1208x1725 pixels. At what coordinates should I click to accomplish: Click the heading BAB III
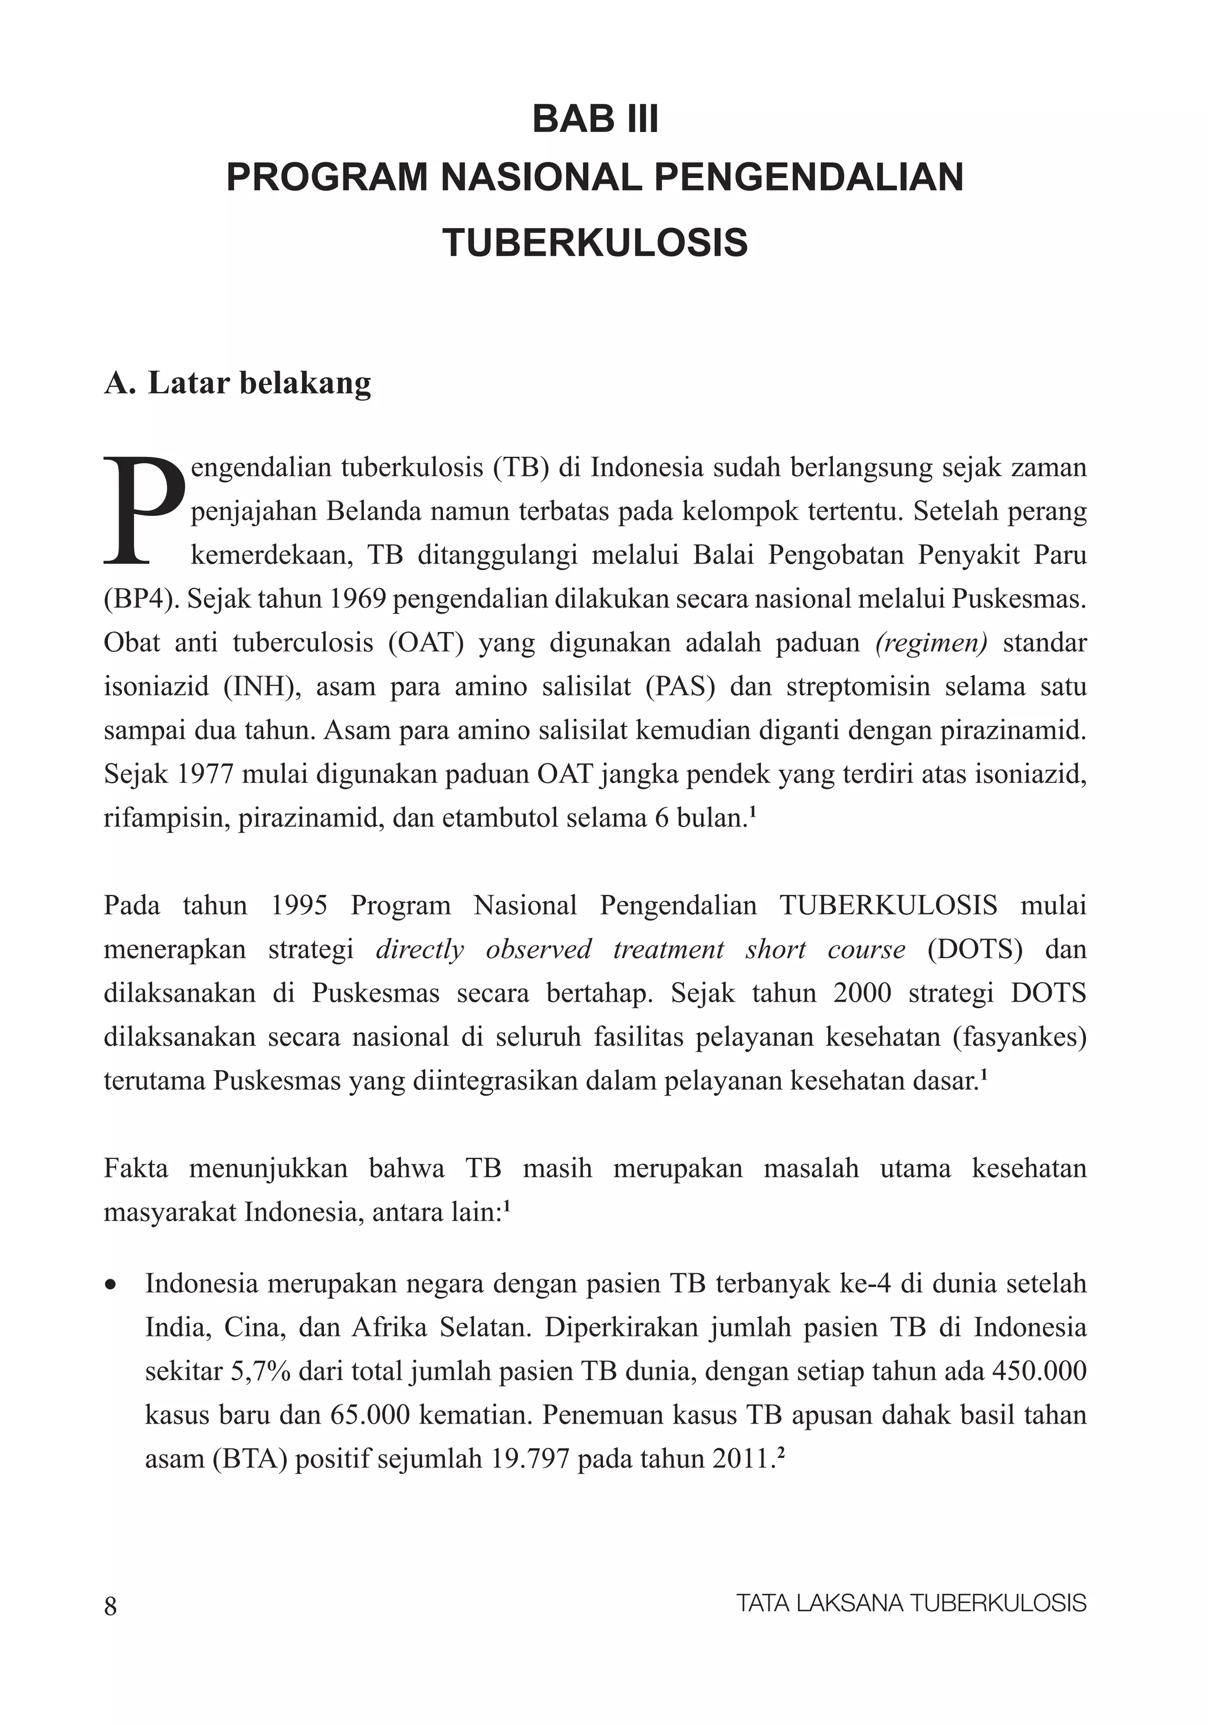[x=595, y=120]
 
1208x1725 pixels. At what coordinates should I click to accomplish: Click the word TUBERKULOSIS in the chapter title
[x=595, y=243]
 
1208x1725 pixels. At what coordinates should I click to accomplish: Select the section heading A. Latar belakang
[x=238, y=383]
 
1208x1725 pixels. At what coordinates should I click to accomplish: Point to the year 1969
[x=358, y=600]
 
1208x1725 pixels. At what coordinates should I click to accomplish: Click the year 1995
[x=298, y=906]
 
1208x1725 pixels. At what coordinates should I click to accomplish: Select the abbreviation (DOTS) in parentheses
[x=974, y=950]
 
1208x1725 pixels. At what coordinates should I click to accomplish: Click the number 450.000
[x=1039, y=1372]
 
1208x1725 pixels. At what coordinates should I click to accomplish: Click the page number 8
[x=110, y=1604]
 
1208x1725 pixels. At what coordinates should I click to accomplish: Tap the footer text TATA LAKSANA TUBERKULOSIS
[x=911, y=1604]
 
